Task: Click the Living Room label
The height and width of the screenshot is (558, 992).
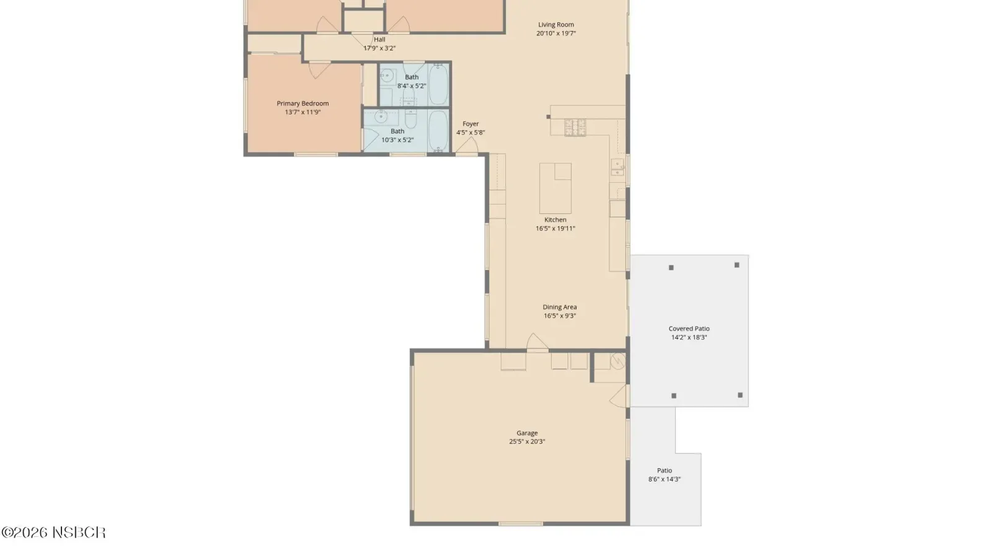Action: pyautogui.click(x=556, y=25)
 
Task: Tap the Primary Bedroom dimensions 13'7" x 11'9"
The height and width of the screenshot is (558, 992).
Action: pyautogui.click(x=303, y=112)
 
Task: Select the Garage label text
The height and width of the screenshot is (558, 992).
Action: pyautogui.click(x=527, y=433)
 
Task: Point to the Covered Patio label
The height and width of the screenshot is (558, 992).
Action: pyautogui.click(x=689, y=329)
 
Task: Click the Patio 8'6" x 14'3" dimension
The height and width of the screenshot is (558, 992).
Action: pyautogui.click(x=664, y=479)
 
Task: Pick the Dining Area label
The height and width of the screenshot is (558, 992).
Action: pyautogui.click(x=560, y=307)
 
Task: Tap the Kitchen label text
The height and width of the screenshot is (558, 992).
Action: pyautogui.click(x=556, y=219)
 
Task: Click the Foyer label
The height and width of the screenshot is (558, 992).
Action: pyautogui.click(x=471, y=124)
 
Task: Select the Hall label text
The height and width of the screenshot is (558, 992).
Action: pyautogui.click(x=379, y=40)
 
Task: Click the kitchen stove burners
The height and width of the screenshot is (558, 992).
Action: pyautogui.click(x=575, y=128)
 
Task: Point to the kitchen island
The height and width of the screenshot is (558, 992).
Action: pyautogui.click(x=556, y=188)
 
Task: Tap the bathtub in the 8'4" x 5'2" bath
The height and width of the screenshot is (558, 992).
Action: pyautogui.click(x=438, y=84)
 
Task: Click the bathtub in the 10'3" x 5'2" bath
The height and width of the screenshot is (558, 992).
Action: pyautogui.click(x=438, y=131)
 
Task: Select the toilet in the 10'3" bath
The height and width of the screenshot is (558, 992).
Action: pyautogui.click(x=410, y=119)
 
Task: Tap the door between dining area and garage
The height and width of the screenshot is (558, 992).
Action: pyautogui.click(x=537, y=342)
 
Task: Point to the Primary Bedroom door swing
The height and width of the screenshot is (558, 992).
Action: pyautogui.click(x=319, y=69)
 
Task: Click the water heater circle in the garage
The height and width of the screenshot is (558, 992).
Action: pyautogui.click(x=618, y=361)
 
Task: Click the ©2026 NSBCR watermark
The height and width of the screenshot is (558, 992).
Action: pyautogui.click(x=53, y=533)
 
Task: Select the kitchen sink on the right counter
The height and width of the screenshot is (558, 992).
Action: pyautogui.click(x=618, y=168)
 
